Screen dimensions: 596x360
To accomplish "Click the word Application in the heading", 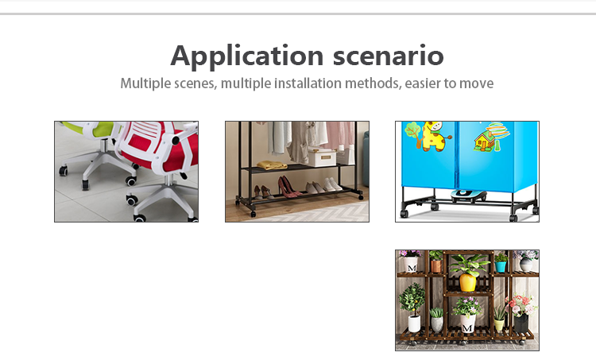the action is [247, 56].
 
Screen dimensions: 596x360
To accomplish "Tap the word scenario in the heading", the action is [388, 56].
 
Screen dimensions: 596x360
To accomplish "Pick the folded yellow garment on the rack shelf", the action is [272, 165].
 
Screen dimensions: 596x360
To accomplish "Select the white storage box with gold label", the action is [322, 157].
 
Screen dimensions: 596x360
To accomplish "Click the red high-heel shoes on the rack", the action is [289, 186].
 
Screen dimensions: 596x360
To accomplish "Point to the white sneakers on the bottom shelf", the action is [332, 184].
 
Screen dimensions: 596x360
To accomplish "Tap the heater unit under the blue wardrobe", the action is [468, 195].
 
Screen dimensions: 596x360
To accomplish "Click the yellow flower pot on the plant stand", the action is [467, 282].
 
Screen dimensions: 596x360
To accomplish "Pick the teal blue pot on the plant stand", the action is [500, 266].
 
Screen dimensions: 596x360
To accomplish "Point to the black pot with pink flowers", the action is [521, 323].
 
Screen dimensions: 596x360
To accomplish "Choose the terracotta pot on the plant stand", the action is [436, 265].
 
